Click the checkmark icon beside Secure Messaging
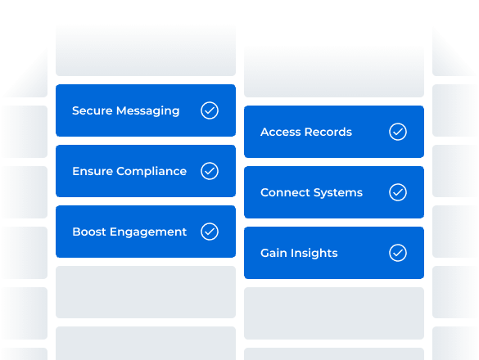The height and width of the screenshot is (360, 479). [x=210, y=110]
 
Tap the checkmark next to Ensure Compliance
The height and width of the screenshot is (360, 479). [x=210, y=171]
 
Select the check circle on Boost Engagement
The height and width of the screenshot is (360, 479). [x=210, y=232]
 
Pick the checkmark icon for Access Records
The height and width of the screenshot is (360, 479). [x=398, y=132]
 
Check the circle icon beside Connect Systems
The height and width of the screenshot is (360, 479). [x=398, y=192]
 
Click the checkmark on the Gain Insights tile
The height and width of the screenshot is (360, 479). [x=398, y=253]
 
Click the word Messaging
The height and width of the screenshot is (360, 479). [x=147, y=110]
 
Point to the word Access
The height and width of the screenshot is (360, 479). [x=282, y=132]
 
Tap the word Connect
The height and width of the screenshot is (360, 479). [x=284, y=192]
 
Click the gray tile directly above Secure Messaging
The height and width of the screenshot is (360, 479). [x=146, y=51]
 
